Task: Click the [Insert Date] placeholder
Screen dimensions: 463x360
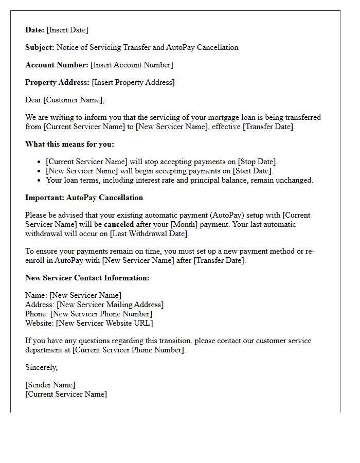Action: point(67,30)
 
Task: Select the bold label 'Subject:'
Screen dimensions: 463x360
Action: point(40,47)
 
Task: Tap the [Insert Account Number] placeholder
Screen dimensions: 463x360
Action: point(132,65)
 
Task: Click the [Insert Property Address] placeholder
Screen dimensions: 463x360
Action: point(133,82)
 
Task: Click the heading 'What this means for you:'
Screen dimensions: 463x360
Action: point(69,144)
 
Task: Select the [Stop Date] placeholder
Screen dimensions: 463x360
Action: point(257,162)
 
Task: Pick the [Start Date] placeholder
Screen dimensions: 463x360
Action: point(253,171)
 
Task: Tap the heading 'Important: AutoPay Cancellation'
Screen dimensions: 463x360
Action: point(84,198)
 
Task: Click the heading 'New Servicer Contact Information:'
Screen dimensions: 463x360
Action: point(87,278)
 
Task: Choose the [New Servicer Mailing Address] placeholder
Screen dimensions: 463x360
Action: point(110,305)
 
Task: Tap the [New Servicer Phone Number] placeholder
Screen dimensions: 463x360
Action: point(101,314)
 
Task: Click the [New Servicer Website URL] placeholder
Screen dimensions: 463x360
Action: point(104,323)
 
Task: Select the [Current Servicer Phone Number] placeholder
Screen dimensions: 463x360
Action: point(129,350)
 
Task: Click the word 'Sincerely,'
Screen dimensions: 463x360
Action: point(42,367)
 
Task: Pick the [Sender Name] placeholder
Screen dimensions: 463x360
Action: point(50,385)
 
